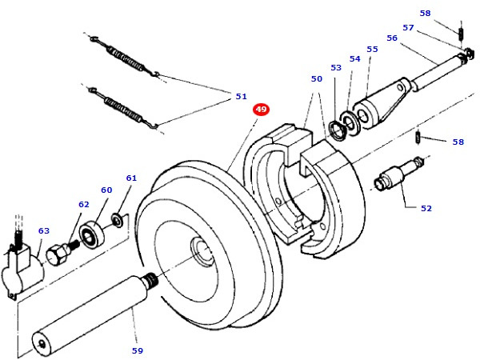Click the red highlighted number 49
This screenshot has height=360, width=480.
pyautogui.click(x=261, y=110)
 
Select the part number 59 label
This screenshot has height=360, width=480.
pyautogui.click(x=138, y=350)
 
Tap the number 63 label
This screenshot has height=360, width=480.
pyautogui.click(x=44, y=230)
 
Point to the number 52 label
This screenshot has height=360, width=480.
pyautogui.click(x=426, y=208)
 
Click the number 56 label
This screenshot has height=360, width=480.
pyautogui.click(x=391, y=38)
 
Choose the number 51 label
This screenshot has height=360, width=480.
pyautogui.click(x=241, y=97)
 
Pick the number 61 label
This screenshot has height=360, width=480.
pyautogui.click(x=131, y=178)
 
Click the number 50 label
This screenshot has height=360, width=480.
pyautogui.click(x=317, y=79)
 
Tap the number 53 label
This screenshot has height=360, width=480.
pyautogui.click(x=336, y=68)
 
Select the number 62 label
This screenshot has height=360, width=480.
pyautogui.click(x=84, y=204)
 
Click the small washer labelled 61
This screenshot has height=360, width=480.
pyautogui.click(x=117, y=218)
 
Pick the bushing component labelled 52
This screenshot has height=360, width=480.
pyautogui.click(x=397, y=174)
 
